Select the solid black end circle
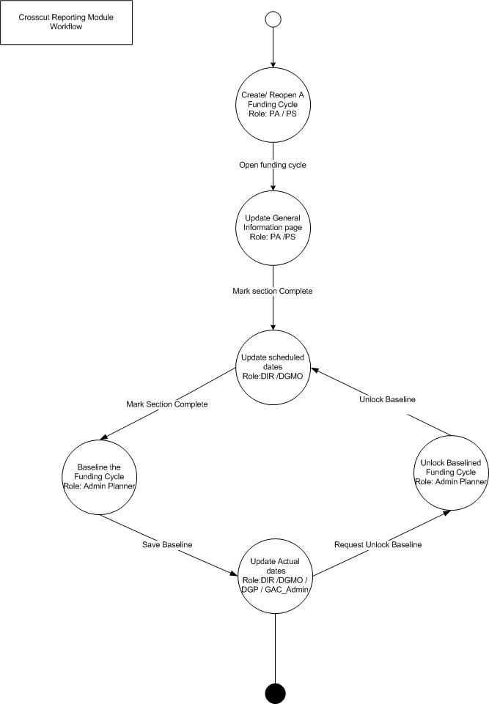275,692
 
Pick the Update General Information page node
273,227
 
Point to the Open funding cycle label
273,165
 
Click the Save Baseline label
167,544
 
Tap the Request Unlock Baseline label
378,544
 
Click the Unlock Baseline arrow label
387,399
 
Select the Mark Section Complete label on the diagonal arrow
167,404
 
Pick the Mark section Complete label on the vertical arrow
273,291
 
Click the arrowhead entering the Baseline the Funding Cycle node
106,438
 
